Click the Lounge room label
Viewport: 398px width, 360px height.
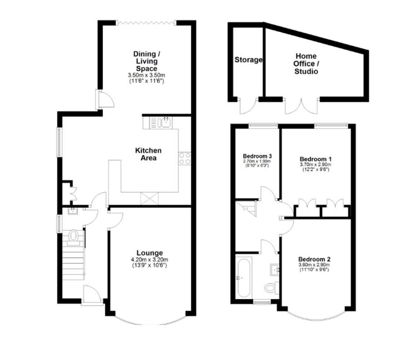pyautogui.click(x=150, y=253)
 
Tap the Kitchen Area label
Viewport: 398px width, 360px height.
pyautogui.click(x=148, y=154)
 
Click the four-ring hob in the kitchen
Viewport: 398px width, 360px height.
pyautogui.click(x=185, y=158)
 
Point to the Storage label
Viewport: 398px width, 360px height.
pyautogui.click(x=248, y=60)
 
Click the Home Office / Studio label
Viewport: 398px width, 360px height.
pyautogui.click(x=306, y=64)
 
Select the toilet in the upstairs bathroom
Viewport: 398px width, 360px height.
pyautogui.click(x=272, y=287)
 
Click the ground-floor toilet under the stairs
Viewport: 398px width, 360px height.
pyautogui.click(x=74, y=236)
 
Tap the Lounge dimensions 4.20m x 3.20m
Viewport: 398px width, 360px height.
pyautogui.click(x=150, y=259)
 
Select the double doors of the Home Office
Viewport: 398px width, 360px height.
pyautogui.click(x=302, y=106)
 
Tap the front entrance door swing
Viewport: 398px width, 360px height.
pyautogui.click(x=92, y=294)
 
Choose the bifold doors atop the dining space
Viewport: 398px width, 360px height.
pyautogui.click(x=146, y=23)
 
